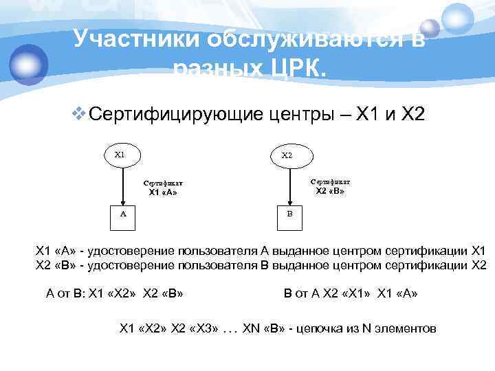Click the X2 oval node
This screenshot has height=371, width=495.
(287, 155)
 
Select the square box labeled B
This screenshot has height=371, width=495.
(289, 214)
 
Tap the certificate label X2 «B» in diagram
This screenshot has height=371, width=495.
(330, 186)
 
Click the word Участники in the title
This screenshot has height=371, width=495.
(135, 40)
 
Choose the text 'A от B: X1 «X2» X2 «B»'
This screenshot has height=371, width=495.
(114, 293)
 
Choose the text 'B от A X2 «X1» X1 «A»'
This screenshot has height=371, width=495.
(351, 293)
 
